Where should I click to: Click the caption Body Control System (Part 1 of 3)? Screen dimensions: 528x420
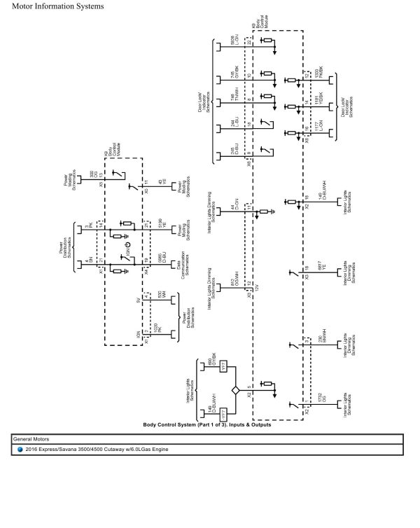207,425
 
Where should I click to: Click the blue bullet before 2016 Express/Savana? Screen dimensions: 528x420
20,449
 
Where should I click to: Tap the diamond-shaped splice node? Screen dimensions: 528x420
236,389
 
